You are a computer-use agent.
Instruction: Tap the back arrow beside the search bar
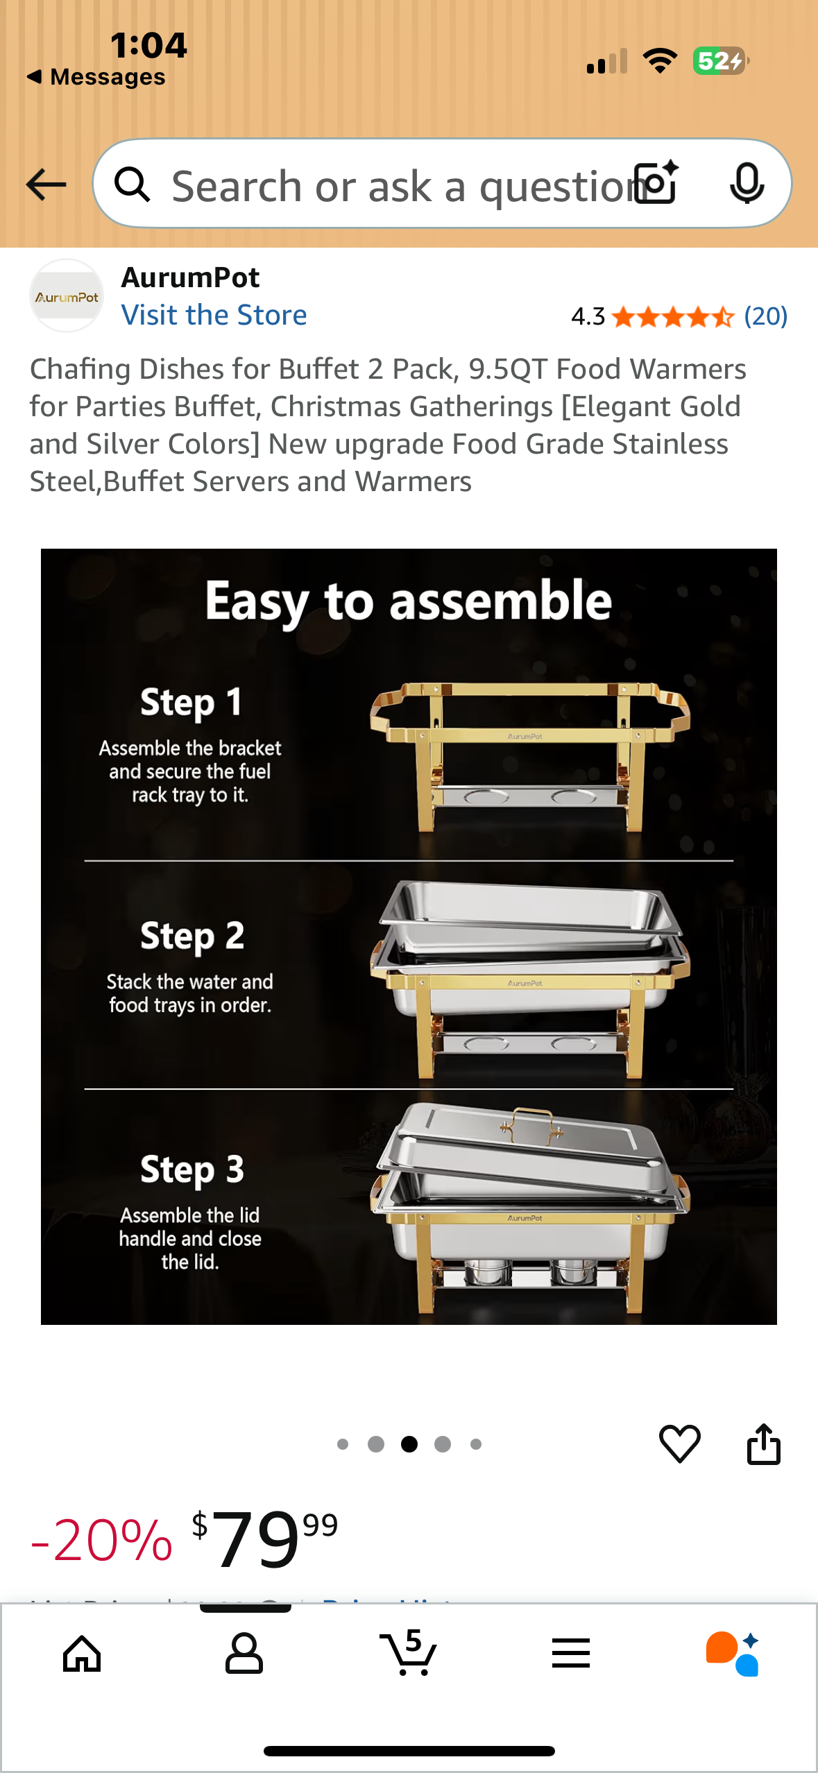pyautogui.click(x=46, y=185)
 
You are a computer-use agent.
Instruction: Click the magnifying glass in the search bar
pyautogui.click(x=133, y=185)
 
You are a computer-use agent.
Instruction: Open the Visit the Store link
pyautogui.click(x=214, y=315)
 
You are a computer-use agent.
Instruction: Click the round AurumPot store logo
pyautogui.click(x=67, y=296)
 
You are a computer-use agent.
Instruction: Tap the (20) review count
pyautogui.click(x=765, y=316)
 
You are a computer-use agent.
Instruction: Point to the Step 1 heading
pyautogui.click(x=191, y=702)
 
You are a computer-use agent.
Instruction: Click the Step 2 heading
pyautogui.click(x=191, y=936)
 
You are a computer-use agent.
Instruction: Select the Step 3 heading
pyautogui.click(x=191, y=1170)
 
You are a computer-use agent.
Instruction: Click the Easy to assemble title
pyautogui.click(x=408, y=601)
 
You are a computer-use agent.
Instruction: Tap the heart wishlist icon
pyautogui.click(x=679, y=1444)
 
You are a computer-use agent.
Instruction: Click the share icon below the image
pyautogui.click(x=763, y=1444)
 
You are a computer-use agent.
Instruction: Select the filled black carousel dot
pyautogui.click(x=409, y=1444)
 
